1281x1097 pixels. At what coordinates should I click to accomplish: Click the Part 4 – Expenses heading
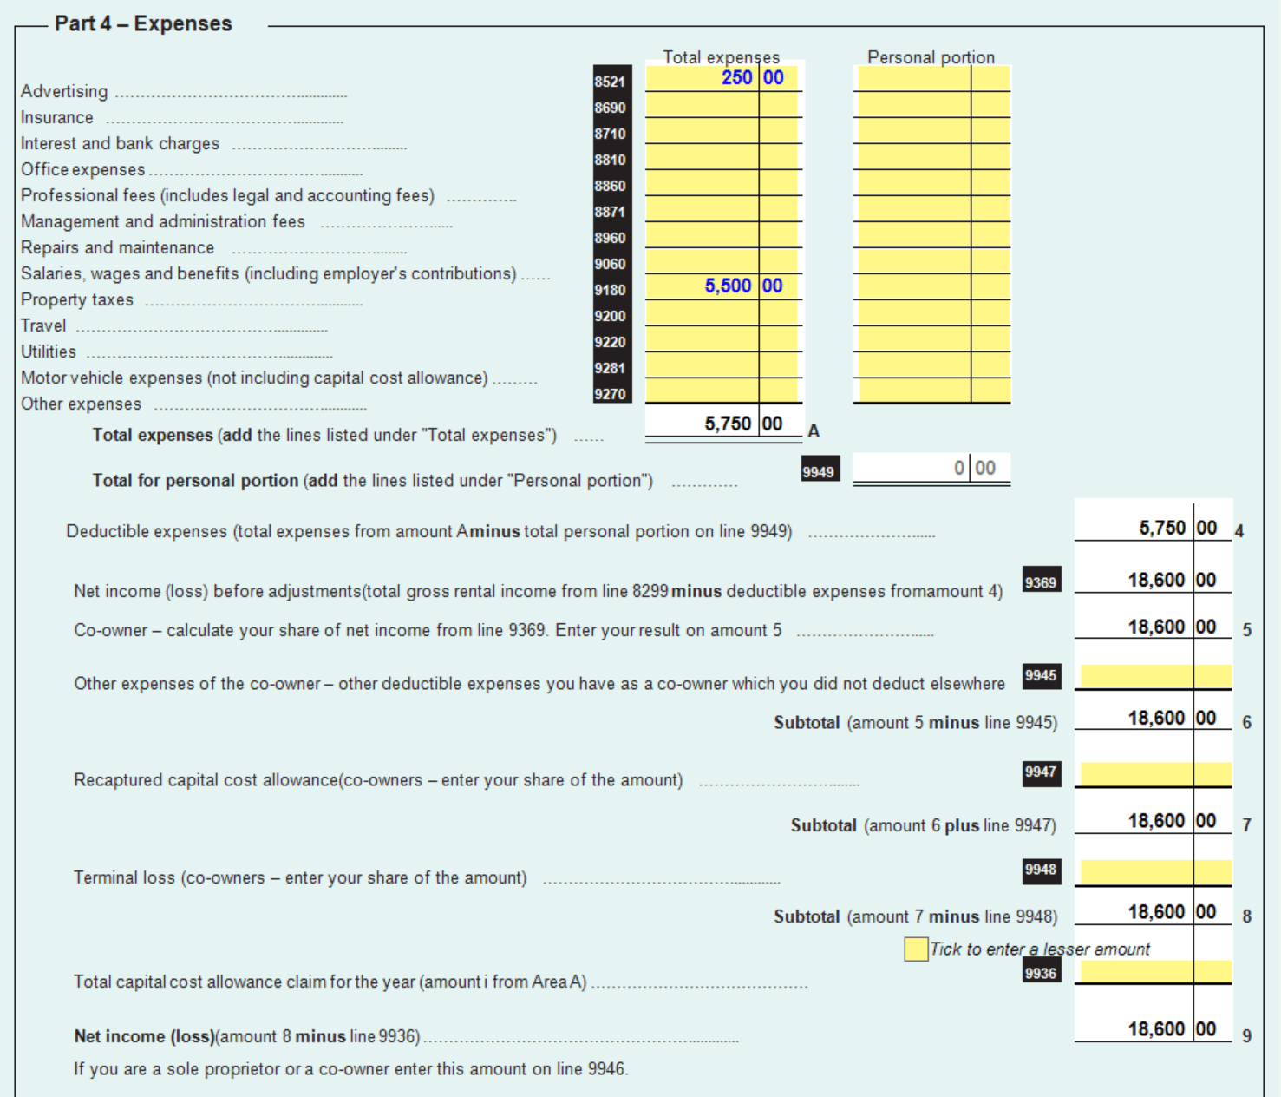point(143,23)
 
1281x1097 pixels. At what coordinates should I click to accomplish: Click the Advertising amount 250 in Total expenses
point(736,78)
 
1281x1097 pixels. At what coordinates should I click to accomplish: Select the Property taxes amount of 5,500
point(728,286)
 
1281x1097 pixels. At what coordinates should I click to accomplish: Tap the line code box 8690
point(610,108)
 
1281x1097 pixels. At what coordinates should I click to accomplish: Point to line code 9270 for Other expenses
point(610,394)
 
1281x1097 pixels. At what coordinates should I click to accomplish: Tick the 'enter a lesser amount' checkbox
point(915,949)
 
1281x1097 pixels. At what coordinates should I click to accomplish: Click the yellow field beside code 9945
point(1153,676)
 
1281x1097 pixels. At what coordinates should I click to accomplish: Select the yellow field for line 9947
point(1153,773)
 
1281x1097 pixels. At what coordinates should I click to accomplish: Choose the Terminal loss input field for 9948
point(1153,871)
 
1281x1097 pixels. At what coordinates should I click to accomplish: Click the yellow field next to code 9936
point(1153,971)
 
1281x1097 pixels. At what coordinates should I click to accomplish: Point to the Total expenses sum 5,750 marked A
point(728,424)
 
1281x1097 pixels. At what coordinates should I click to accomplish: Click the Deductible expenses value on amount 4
point(1161,528)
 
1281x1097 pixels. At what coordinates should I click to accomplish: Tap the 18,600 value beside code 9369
point(1156,580)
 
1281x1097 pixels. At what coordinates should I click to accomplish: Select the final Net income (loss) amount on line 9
point(1156,1029)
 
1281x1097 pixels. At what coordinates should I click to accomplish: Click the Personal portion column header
point(931,57)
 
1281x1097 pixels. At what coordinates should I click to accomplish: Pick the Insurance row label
point(56,117)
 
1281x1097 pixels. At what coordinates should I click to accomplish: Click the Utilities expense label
point(49,351)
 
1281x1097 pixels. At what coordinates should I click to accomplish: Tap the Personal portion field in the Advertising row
point(913,78)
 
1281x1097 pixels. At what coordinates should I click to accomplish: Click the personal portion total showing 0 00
point(932,469)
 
